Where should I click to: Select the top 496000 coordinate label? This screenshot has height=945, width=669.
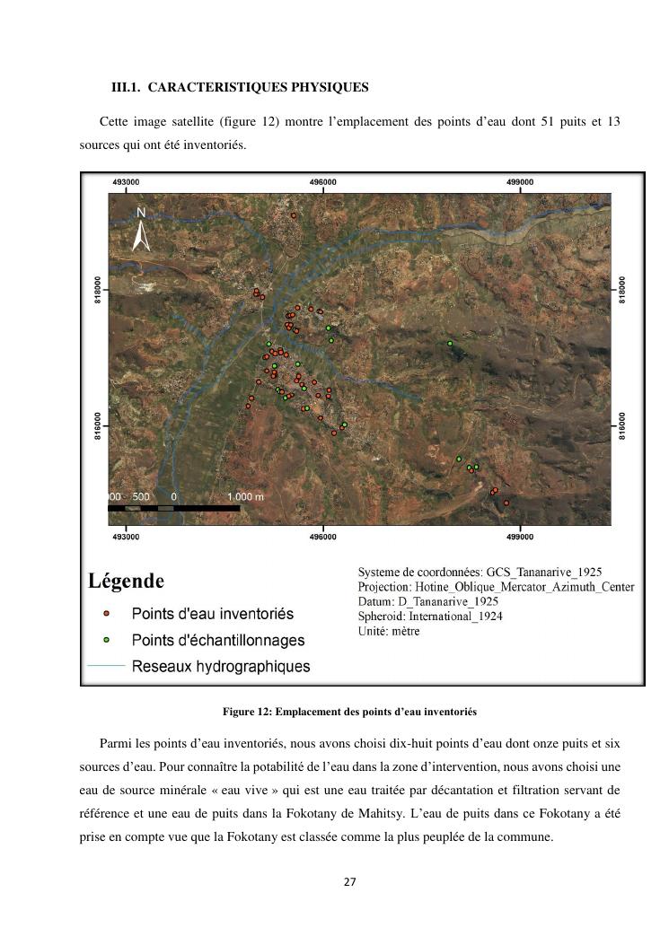click(322, 182)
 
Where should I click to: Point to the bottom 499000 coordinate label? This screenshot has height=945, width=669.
click(519, 537)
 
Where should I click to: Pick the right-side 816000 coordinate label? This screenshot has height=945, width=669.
click(622, 425)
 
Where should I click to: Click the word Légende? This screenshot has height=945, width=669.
click(126, 582)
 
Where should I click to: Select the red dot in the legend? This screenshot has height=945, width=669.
click(106, 614)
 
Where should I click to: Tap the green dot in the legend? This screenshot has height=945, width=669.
click(106, 640)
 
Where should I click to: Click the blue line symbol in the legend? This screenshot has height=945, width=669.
click(106, 666)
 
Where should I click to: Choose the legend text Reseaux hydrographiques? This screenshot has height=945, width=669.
click(221, 666)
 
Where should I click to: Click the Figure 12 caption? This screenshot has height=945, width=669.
click(349, 712)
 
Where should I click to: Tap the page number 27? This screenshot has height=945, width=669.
click(349, 882)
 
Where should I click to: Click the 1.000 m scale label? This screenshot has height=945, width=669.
click(245, 496)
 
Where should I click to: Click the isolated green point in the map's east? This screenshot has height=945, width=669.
click(450, 343)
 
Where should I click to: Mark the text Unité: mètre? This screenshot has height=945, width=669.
click(388, 631)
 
